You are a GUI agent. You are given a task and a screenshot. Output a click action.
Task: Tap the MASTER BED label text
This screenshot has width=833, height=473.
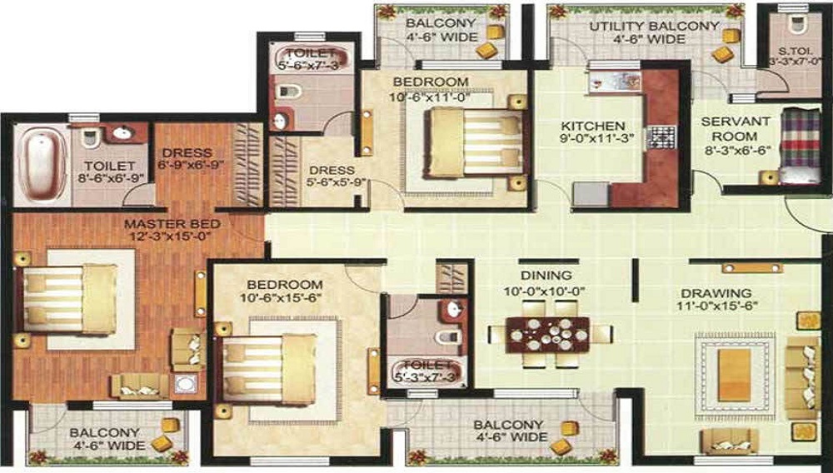pyautogui.click(x=172, y=224)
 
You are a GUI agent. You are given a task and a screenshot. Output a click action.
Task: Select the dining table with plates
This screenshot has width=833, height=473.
pyautogui.click(x=548, y=335)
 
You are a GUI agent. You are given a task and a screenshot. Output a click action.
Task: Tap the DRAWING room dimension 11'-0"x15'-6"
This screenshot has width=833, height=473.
pyautogui.click(x=716, y=306)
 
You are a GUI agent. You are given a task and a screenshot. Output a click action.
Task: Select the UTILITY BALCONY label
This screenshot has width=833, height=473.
pyautogui.click(x=654, y=26)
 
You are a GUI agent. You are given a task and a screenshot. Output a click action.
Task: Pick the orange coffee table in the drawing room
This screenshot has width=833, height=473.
pyautogui.click(x=734, y=375)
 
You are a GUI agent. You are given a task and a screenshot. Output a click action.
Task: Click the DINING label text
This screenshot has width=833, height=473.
pyautogui.click(x=546, y=276)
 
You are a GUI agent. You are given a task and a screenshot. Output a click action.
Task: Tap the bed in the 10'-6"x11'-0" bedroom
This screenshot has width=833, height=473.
pyautogui.click(x=473, y=142)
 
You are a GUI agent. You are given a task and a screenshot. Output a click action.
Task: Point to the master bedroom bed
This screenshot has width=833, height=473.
pyautogui.click(x=68, y=300)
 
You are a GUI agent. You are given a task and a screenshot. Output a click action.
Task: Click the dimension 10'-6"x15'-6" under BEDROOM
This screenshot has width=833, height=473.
pyautogui.click(x=281, y=298)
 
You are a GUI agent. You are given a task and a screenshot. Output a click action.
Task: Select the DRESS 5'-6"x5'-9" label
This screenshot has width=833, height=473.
pyautogui.click(x=332, y=177)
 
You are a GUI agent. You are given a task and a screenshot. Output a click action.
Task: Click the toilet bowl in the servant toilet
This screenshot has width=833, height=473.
pyautogui.click(x=798, y=24)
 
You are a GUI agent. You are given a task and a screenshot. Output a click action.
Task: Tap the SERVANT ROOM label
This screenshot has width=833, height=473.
pyautogui.click(x=736, y=128)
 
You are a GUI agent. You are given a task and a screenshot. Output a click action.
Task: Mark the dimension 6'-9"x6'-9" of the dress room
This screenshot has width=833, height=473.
pyautogui.click(x=190, y=165)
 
